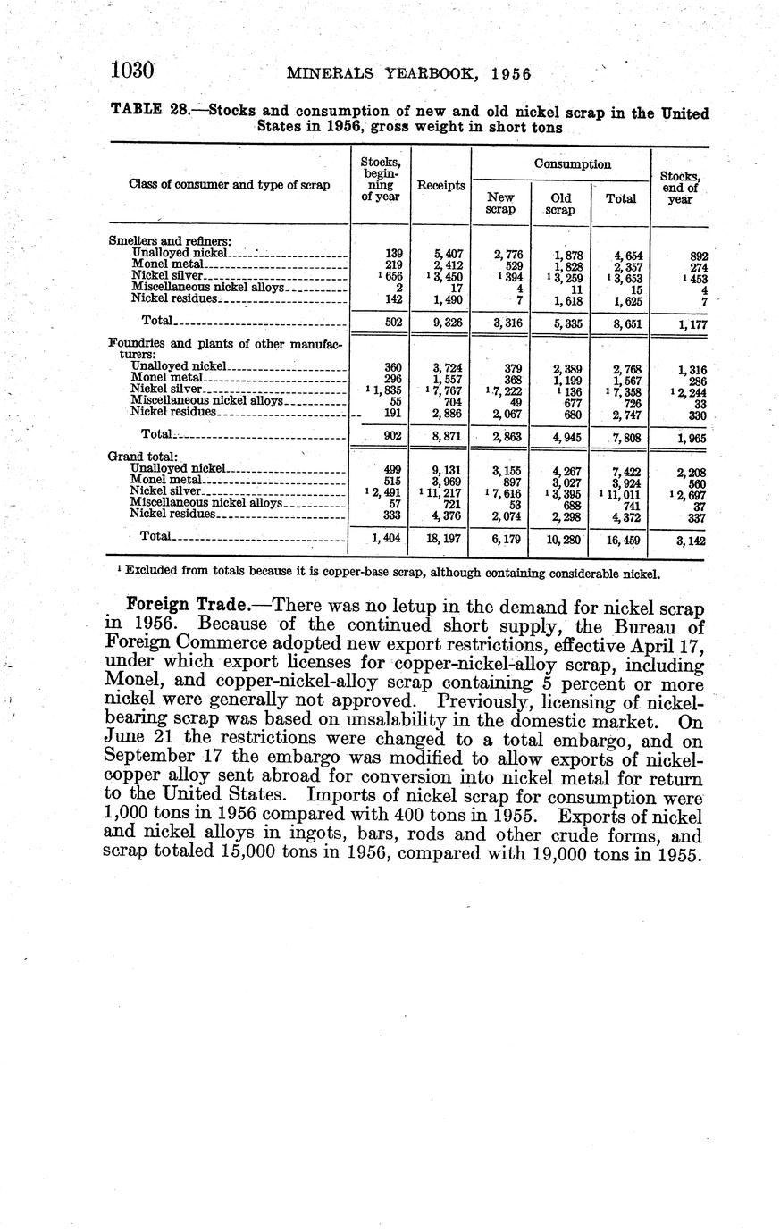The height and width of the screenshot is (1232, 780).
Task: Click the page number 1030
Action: (133, 70)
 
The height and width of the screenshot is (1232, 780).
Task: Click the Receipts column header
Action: (440, 185)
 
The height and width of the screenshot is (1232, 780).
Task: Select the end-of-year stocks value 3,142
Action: (688, 540)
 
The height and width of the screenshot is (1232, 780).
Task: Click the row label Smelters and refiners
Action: (170, 240)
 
